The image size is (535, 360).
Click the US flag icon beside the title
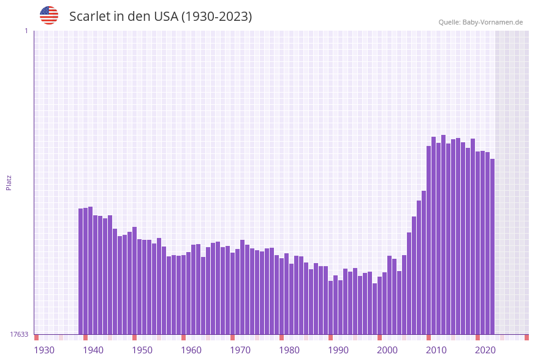click(x=49, y=15)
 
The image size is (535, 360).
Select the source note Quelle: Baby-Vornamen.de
click(x=480, y=22)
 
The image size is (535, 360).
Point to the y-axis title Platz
click(x=9, y=182)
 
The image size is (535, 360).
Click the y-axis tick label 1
click(x=26, y=31)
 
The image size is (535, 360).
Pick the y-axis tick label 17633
click(x=19, y=334)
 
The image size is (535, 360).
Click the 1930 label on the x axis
click(x=44, y=350)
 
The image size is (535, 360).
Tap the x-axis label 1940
click(x=93, y=350)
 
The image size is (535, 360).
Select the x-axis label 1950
click(x=142, y=350)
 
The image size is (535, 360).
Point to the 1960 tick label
click(x=191, y=350)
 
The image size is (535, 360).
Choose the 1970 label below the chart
click(x=240, y=350)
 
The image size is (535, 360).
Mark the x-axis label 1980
click(x=289, y=350)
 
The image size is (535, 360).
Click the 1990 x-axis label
click(x=338, y=350)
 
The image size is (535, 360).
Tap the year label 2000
click(x=387, y=350)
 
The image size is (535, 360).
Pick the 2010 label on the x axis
click(x=436, y=350)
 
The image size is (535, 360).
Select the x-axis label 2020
click(x=485, y=350)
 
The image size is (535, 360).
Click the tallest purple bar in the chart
click(x=443, y=234)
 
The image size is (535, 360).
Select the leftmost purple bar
click(x=80, y=271)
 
